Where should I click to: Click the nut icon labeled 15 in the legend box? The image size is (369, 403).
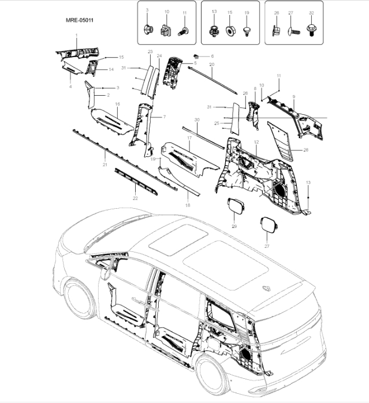229,31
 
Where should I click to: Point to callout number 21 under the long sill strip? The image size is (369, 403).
105,165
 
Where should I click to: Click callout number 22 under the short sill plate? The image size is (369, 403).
135,198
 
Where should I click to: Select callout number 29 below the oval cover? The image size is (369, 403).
234,226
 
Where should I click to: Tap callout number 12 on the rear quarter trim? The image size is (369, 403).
256,142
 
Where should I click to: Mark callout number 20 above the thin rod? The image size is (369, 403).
211,65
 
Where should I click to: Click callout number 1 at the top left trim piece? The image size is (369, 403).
76,36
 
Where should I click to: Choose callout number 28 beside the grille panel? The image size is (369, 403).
305,150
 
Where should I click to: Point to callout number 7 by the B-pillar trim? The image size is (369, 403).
164,117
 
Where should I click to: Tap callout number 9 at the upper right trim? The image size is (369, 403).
293,96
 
